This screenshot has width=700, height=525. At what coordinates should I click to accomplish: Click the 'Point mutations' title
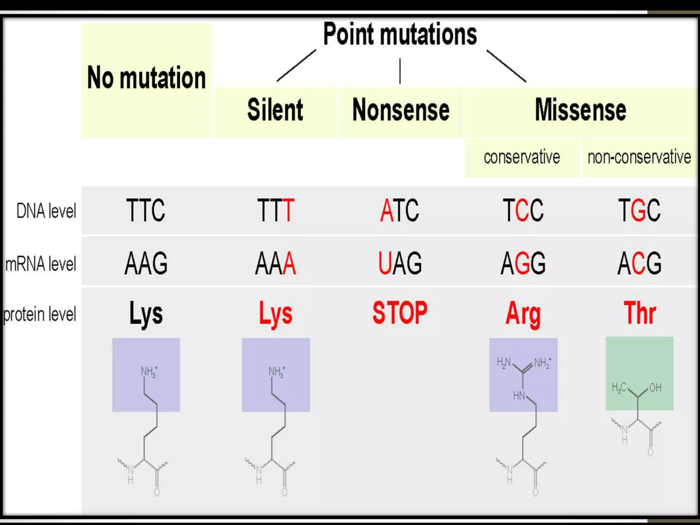[400, 34]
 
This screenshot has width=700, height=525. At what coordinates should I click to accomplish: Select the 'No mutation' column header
[146, 78]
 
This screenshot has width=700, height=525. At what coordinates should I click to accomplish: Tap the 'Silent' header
[275, 110]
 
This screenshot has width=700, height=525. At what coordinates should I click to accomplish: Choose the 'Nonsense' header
[401, 110]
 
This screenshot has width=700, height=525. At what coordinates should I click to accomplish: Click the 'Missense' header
[580, 110]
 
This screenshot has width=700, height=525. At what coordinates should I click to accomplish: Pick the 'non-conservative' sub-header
[639, 157]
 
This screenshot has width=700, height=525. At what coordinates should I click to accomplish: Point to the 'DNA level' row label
[46, 211]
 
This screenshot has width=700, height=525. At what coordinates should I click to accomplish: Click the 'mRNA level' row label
[41, 264]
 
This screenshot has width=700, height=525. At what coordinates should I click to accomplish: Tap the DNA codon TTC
[146, 210]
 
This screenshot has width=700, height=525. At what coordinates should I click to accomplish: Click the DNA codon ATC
[400, 210]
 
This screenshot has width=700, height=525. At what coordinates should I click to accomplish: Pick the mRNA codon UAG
[400, 263]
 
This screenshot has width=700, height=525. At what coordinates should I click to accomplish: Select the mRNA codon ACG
[639, 263]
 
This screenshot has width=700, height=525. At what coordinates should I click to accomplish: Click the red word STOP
[400, 313]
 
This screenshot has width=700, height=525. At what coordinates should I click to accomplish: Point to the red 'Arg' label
[523, 314]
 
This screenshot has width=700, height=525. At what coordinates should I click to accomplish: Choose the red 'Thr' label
[640, 313]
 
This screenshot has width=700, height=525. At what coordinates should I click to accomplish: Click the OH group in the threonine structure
[655, 388]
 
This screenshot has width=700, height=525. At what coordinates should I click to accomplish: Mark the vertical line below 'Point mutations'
[400, 71]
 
